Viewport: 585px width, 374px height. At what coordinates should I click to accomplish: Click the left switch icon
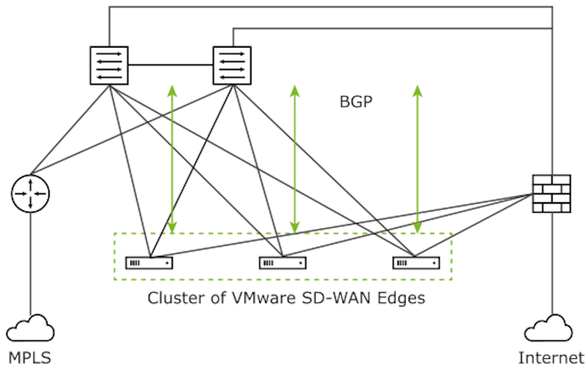click(109, 65)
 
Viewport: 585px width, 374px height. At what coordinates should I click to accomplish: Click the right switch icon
click(232, 65)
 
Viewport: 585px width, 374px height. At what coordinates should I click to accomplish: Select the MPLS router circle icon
click(30, 193)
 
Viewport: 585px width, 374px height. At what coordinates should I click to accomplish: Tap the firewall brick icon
click(551, 193)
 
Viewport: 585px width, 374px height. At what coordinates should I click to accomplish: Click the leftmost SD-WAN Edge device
click(149, 263)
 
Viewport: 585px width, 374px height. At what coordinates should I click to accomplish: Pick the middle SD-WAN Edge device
click(282, 263)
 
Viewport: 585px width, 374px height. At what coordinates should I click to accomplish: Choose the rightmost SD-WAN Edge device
click(416, 263)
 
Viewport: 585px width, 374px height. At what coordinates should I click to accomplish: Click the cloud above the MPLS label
click(30, 329)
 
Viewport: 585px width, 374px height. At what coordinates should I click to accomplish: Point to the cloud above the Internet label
click(548, 329)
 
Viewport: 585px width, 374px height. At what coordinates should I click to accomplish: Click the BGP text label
click(356, 102)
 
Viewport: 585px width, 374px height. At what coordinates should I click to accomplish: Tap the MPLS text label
click(29, 358)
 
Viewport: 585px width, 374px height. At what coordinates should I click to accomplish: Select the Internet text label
click(551, 358)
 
